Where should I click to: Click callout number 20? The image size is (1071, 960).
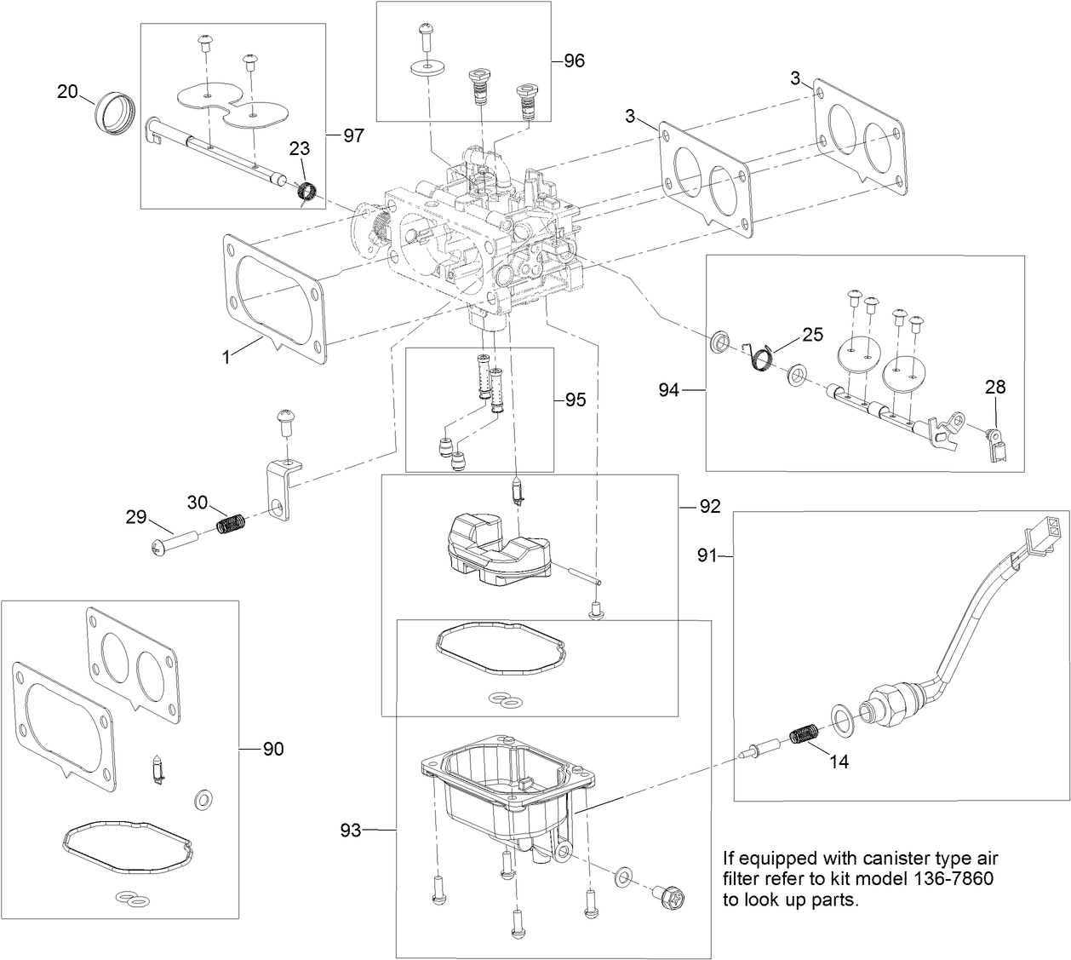[67, 91]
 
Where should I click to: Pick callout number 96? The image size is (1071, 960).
[575, 60]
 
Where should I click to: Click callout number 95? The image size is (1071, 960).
[575, 400]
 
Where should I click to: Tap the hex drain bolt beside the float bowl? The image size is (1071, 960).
[665, 896]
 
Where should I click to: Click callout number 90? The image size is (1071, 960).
[272, 749]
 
